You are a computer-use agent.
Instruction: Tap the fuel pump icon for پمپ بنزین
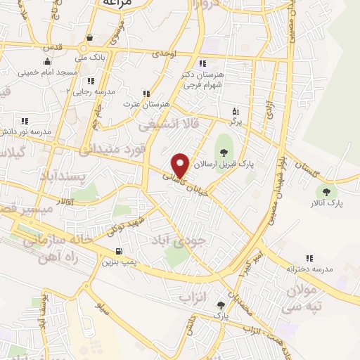[117, 252]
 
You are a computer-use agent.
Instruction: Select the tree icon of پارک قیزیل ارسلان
[224, 150]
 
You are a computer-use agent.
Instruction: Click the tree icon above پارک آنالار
[325, 191]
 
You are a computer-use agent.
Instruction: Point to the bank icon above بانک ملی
[89, 39]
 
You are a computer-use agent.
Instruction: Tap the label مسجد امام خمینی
[46, 72]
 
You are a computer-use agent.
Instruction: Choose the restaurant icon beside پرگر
[236, 110]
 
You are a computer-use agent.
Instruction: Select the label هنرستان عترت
[148, 104]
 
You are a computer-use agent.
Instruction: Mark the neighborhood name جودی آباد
[180, 240]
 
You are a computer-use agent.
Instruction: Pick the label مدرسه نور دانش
[27, 131]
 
